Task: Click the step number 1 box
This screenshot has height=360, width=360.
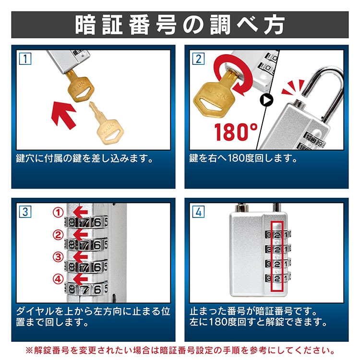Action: [25, 59]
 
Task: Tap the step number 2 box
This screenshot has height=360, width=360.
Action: [198, 59]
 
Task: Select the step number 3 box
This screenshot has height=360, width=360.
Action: [25, 212]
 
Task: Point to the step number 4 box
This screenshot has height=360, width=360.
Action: [198, 212]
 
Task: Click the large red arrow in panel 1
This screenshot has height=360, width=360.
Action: [63, 115]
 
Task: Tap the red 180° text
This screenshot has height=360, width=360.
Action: [236, 132]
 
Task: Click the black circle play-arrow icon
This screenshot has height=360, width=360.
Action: [266, 100]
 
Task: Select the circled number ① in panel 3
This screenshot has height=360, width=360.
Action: [58, 212]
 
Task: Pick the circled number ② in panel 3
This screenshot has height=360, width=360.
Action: [58, 235]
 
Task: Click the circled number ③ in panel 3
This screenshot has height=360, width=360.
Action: [58, 257]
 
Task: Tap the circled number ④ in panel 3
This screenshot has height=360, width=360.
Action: [58, 279]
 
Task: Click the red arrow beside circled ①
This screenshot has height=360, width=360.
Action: [80, 212]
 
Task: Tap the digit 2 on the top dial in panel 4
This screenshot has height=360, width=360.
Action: [277, 235]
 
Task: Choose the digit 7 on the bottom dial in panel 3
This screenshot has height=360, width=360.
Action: [84, 290]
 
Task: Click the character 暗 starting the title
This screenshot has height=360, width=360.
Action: [85, 25]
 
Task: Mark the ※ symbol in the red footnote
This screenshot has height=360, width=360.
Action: [29, 350]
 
